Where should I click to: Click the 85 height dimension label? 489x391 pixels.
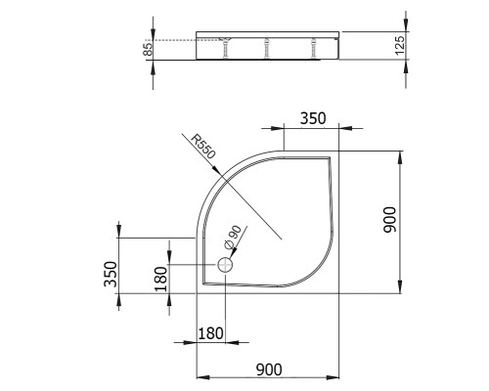pos(148,49)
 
